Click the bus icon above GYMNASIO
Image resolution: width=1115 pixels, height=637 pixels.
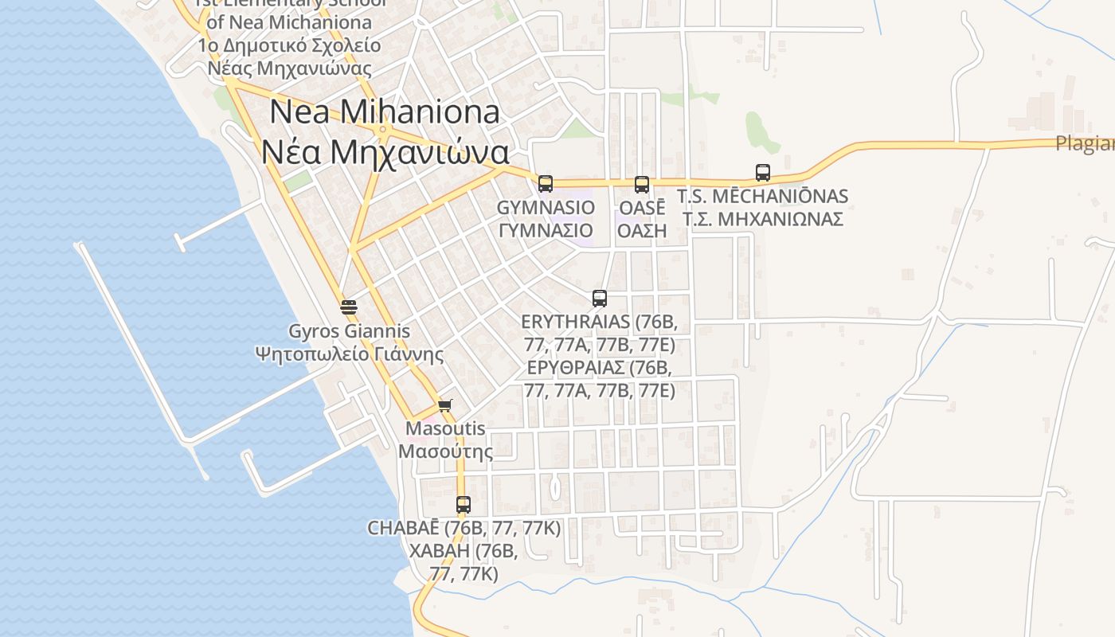(x=545, y=184)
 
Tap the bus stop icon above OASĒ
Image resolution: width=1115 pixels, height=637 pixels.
(x=642, y=185)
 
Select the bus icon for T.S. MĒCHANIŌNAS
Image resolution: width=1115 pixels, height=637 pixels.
(x=762, y=173)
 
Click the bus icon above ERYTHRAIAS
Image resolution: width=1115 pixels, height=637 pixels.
(x=600, y=299)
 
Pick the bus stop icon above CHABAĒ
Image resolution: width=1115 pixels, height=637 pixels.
(x=464, y=504)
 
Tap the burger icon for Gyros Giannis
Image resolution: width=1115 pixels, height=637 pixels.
(x=348, y=307)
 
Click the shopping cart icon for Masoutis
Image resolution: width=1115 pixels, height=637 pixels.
(x=445, y=406)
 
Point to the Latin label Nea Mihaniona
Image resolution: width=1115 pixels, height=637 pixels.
(x=385, y=111)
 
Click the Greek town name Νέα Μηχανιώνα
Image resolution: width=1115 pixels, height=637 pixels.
(x=385, y=151)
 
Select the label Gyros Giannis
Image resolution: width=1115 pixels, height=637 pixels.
(x=350, y=331)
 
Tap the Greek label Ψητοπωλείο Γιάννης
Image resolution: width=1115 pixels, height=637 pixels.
(x=350, y=354)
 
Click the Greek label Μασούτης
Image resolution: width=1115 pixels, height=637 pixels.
(x=445, y=451)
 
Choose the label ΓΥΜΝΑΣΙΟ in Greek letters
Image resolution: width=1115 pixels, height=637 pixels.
(x=546, y=231)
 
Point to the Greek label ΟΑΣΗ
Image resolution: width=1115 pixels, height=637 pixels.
(x=642, y=231)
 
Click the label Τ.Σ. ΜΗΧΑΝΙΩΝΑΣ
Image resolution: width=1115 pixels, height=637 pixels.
(x=762, y=219)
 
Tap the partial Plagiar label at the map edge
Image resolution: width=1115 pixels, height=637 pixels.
(x=1084, y=144)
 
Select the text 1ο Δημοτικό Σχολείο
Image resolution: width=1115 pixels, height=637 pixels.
(x=289, y=45)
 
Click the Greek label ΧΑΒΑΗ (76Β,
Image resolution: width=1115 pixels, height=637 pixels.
(x=464, y=551)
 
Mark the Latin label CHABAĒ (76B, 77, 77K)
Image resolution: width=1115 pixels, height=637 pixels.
(x=464, y=528)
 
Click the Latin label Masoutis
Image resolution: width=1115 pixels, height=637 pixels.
(x=445, y=428)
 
